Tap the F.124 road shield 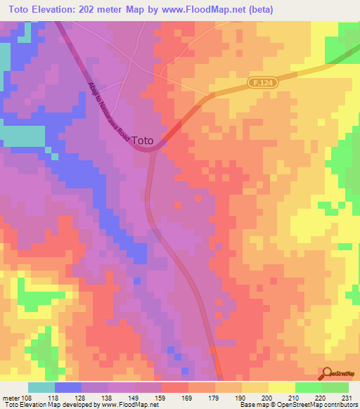click(x=259, y=83)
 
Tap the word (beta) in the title click(x=258, y=9)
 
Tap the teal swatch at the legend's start click(x=41, y=387)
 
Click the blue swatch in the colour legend click(x=68, y=387)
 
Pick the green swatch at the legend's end click(x=335, y=387)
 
